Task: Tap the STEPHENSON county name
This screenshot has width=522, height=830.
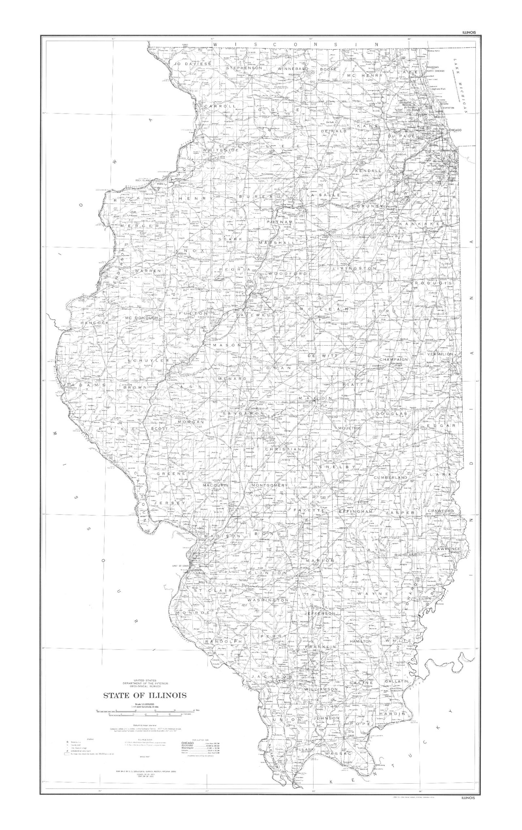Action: coord(244,68)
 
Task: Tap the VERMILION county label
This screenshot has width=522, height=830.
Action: coord(440,354)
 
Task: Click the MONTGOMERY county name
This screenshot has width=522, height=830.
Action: coord(267,485)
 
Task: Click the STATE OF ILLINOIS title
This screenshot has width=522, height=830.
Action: coord(145,695)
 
